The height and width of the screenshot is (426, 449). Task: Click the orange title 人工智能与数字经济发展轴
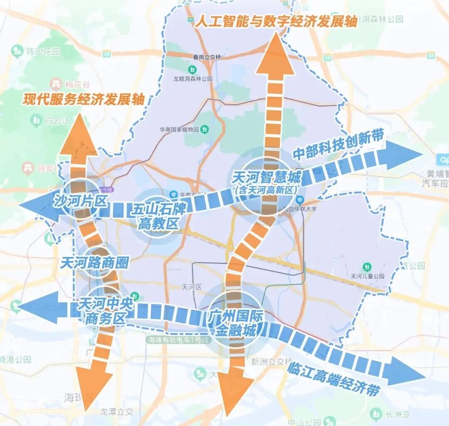[276, 21]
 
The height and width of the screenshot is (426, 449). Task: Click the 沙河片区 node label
[80, 201]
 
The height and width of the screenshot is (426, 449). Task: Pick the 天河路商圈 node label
[95, 263]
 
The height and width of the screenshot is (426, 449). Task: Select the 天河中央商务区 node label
[105, 311]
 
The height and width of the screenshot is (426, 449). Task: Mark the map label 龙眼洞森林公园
[193, 78]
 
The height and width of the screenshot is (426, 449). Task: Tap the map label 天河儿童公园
[368, 276]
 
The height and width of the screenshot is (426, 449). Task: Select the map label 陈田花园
[44, 52]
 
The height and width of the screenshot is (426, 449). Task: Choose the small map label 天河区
[192, 287]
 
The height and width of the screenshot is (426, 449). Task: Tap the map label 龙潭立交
[117, 411]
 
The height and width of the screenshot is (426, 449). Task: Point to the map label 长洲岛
[397, 414]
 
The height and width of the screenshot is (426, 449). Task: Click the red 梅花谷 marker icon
[55, 84]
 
